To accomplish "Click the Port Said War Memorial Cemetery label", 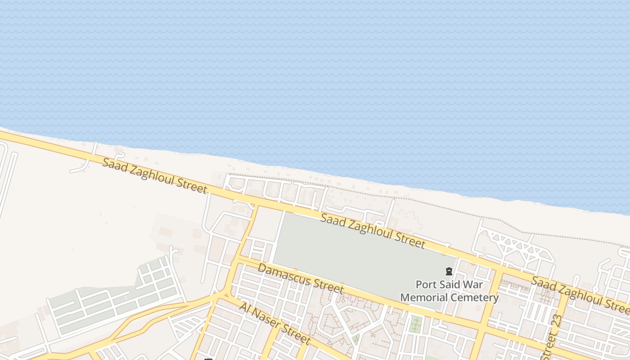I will (449, 291).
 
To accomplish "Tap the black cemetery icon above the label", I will (449, 271).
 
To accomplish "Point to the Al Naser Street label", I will (275, 323).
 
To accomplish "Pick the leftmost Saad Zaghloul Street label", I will (155, 175).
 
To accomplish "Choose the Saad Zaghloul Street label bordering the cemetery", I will (373, 231).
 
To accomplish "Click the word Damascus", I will (283, 274).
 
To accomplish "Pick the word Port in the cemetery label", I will (426, 284).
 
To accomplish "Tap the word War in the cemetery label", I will (473, 284).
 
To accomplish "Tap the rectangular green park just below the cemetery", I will (416, 324).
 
